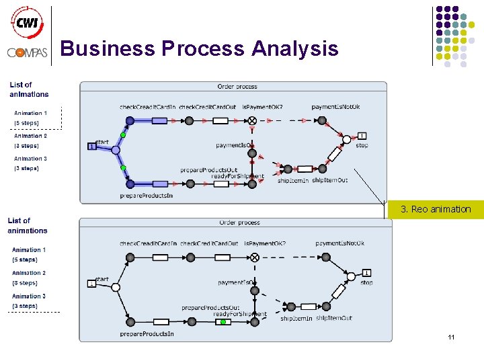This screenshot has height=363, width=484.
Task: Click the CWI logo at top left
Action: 27,22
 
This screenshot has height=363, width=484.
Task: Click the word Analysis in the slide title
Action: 294,48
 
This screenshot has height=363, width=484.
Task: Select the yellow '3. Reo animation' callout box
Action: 436,209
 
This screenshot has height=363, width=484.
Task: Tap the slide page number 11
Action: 451,337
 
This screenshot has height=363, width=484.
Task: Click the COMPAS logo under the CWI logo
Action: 27,52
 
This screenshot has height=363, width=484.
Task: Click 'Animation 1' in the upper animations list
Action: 30,113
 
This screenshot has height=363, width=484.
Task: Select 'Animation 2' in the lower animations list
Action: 29,273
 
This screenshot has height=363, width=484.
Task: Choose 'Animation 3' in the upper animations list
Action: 30,159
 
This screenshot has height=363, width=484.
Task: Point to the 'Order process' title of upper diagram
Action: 237,87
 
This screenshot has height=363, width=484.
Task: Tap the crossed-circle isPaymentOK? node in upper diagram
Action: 252,120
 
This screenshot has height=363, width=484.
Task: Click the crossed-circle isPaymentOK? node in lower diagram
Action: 254,257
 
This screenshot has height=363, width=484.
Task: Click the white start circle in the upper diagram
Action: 116,151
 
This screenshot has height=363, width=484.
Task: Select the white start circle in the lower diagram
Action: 116,287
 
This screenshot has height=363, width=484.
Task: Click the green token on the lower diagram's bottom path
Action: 223,322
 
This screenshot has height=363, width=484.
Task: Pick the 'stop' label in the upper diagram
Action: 362,145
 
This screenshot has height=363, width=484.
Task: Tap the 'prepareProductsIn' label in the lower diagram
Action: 147,333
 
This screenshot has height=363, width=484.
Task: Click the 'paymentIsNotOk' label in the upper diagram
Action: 335,107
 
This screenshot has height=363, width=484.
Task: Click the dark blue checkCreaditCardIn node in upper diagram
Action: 130,120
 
